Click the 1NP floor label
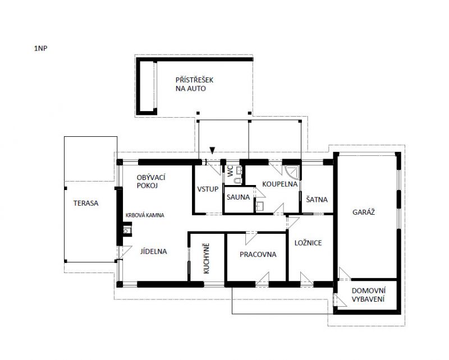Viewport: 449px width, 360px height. pyautogui.click(x=40, y=48)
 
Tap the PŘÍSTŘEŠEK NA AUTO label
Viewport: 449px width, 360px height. pyautogui.click(x=194, y=84)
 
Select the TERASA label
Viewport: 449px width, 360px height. pyautogui.click(x=86, y=203)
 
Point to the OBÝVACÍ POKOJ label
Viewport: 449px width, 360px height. pyautogui.click(x=151, y=182)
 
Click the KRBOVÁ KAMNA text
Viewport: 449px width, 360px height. pyautogui.click(x=145, y=215)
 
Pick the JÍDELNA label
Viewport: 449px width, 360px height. pyautogui.click(x=153, y=252)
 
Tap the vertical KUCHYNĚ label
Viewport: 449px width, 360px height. pyautogui.click(x=207, y=259)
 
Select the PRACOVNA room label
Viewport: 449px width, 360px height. pyautogui.click(x=258, y=255)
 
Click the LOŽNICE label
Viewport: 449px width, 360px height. pyautogui.click(x=308, y=243)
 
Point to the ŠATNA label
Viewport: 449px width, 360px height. pyautogui.click(x=317, y=200)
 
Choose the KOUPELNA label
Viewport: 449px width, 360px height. pyautogui.click(x=280, y=184)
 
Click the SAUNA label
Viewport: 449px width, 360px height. pyautogui.click(x=238, y=197)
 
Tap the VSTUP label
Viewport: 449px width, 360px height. pyautogui.click(x=208, y=189)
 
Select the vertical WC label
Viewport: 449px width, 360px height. pyautogui.click(x=231, y=171)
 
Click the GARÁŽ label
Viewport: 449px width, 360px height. pyautogui.click(x=363, y=212)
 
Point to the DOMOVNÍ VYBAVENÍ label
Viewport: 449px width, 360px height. pyautogui.click(x=368, y=295)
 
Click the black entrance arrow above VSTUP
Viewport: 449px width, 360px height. pyautogui.click(x=212, y=150)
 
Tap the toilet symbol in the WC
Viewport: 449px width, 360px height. pyautogui.click(x=237, y=181)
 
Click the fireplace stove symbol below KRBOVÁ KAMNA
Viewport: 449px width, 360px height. pyautogui.click(x=127, y=230)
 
